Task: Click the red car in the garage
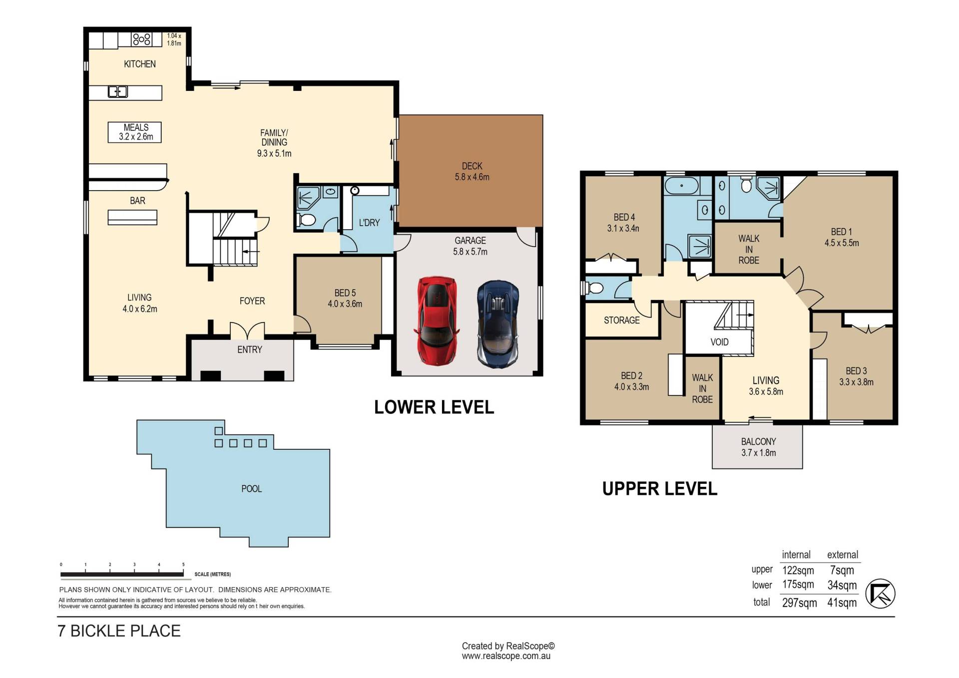coord(437,320)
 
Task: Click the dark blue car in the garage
coord(498,325)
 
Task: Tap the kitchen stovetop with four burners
coord(141,39)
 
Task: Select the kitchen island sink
coord(118,92)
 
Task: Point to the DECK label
coord(472,166)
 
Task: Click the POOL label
coord(251,489)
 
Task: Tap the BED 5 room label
coord(345,293)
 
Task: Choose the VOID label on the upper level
coord(719,342)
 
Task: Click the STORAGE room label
coord(622,320)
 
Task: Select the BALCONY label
coord(758,441)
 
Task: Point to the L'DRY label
coord(369,223)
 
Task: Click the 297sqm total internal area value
coord(799,603)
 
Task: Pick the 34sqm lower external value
coord(842,585)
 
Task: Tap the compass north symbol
coord(880,594)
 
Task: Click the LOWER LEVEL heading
coord(434,407)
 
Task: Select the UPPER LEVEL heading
coord(660,489)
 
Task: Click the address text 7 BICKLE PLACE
coord(119,631)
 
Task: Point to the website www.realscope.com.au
coord(506,656)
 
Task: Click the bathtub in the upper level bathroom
coord(682,186)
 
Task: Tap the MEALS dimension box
coord(135,132)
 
